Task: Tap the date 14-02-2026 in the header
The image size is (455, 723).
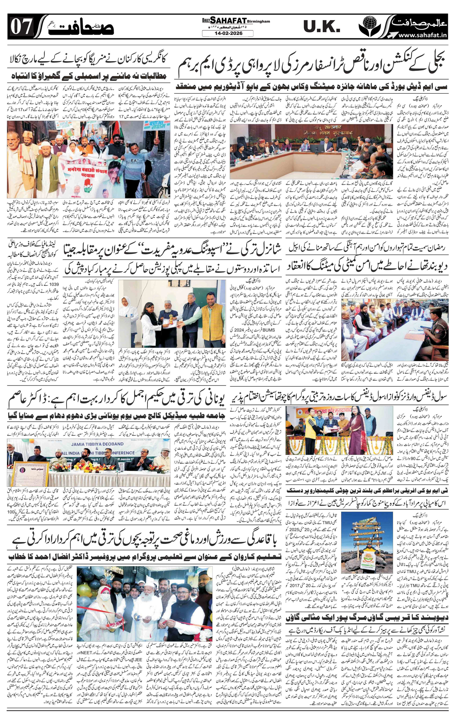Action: (227, 33)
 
